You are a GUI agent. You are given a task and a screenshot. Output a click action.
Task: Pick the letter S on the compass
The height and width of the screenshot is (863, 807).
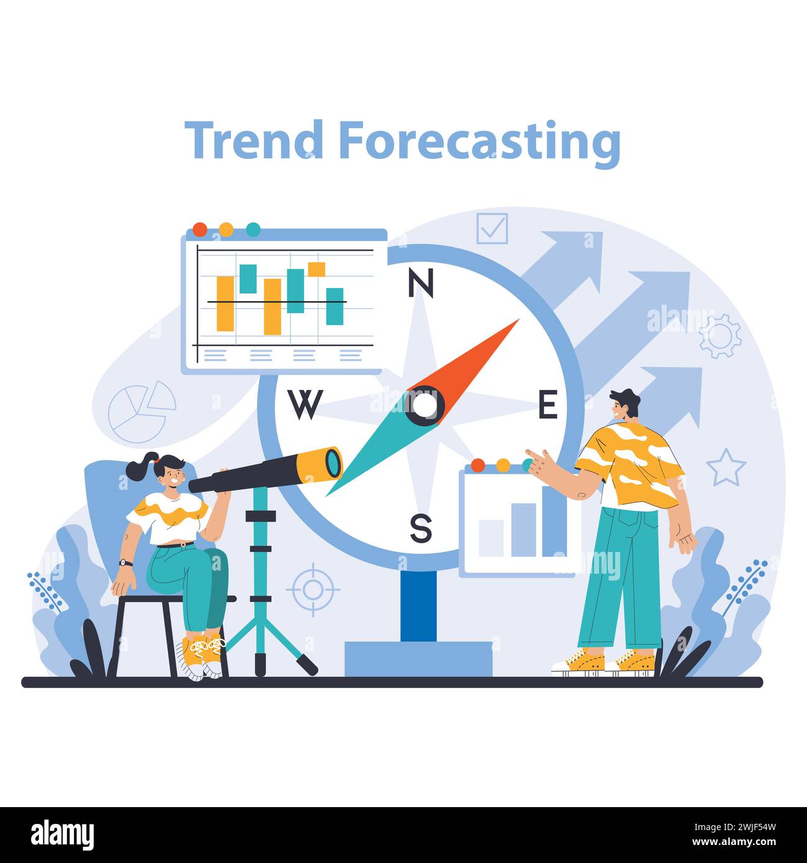(420, 529)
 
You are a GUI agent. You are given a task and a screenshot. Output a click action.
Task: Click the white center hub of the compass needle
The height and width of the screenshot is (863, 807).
(425, 405)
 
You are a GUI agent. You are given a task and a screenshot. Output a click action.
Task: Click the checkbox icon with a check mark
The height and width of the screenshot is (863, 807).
(492, 228)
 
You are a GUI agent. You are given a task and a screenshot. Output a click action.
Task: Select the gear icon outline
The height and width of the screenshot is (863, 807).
(720, 336)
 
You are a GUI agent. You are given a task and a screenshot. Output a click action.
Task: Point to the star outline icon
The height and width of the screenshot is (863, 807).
(726, 468)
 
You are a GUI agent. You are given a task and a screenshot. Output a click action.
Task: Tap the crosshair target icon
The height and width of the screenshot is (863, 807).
(313, 589)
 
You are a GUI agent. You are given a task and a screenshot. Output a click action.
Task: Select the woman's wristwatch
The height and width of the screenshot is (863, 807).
(126, 563)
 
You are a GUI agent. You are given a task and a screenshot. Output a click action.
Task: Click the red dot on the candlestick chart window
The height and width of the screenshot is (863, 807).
(200, 229)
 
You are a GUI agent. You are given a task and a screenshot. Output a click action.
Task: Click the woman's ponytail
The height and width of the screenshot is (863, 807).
(140, 467)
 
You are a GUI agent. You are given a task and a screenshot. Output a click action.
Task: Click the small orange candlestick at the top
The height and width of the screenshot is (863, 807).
(317, 269)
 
